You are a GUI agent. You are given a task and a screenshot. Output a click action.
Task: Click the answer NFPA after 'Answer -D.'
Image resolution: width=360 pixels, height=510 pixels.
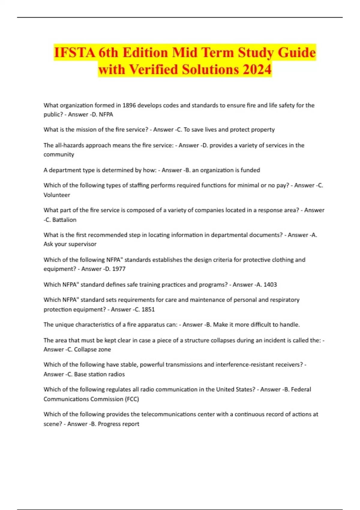(x=106, y=115)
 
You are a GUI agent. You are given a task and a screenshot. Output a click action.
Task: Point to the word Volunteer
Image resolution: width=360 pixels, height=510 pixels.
(x=57, y=195)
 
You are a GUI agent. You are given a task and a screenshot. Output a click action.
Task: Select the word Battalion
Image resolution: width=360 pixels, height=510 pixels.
(x=64, y=220)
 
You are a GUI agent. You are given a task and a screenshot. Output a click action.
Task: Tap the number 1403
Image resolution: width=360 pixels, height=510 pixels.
(x=270, y=285)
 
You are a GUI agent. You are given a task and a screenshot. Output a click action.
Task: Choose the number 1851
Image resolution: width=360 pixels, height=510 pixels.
(x=148, y=310)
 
